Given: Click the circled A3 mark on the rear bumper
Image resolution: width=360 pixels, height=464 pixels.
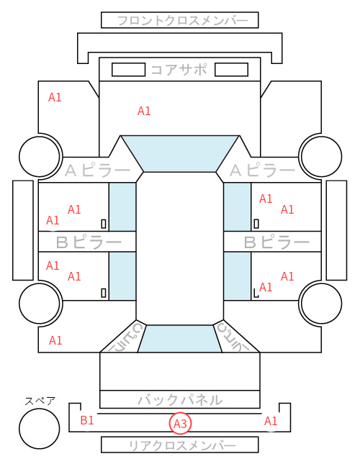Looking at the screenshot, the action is (x=180, y=424).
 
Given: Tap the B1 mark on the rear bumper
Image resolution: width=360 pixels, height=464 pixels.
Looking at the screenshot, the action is (x=87, y=420).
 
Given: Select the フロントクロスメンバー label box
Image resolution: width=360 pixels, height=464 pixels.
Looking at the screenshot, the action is (x=180, y=20).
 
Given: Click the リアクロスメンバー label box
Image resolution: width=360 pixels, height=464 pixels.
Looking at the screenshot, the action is (x=180, y=445).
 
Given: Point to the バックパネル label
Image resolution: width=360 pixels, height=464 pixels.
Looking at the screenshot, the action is (x=180, y=400).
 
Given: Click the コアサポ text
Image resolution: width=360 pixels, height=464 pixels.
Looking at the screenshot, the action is (x=179, y=70).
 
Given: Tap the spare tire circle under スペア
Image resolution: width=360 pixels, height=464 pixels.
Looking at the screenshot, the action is (x=40, y=429).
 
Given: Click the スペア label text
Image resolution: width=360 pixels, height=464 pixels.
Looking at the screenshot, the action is (x=40, y=401).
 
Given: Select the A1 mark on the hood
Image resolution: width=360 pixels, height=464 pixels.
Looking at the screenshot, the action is (x=144, y=111).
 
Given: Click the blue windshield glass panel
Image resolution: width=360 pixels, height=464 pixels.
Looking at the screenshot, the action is (x=180, y=153).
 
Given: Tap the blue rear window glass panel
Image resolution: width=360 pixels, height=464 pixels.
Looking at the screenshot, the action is (x=180, y=339).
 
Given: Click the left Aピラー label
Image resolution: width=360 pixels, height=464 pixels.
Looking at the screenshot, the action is (x=97, y=170).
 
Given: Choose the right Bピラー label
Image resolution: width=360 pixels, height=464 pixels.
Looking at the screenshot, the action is (x=276, y=242).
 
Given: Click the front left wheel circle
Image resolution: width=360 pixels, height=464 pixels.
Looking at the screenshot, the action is (x=40, y=156).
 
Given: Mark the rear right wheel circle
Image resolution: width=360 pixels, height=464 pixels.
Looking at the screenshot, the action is (x=322, y=303).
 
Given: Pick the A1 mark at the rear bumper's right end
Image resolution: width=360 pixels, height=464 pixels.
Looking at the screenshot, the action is (x=271, y=421).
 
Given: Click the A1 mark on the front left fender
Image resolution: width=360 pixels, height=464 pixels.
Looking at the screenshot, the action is (x=55, y=97).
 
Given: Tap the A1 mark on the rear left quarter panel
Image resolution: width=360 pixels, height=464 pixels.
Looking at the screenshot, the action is (x=55, y=340).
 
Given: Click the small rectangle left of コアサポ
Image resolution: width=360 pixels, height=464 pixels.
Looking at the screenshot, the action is (x=128, y=70).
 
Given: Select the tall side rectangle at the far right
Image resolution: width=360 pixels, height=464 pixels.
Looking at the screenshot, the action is (x=336, y=230).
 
